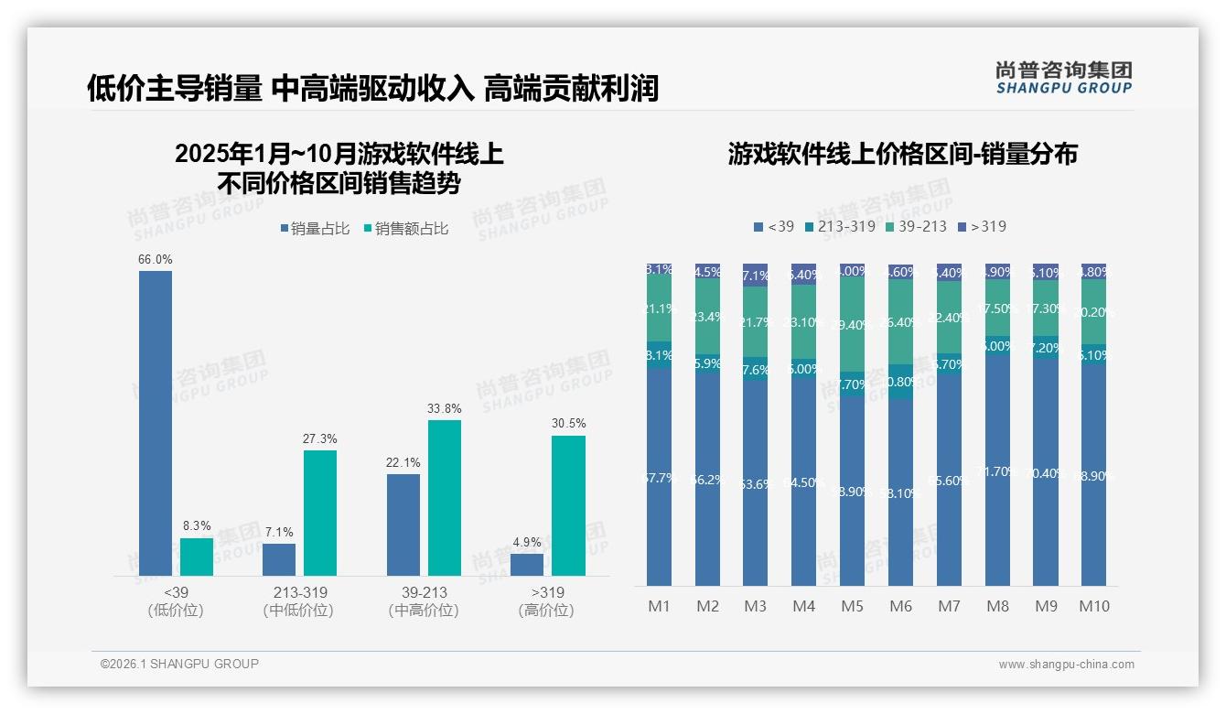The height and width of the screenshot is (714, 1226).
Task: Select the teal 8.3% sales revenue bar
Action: [x=196, y=557]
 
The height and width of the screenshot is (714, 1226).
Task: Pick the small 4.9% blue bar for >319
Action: [x=527, y=565]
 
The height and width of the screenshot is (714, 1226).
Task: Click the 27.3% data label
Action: [x=319, y=439]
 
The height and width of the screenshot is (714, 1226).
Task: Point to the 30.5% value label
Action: [x=568, y=424]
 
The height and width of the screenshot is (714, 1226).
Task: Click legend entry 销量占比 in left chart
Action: [x=315, y=229]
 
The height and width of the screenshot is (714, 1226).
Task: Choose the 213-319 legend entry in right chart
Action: [x=839, y=226]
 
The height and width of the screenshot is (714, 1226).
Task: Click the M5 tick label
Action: [x=852, y=606]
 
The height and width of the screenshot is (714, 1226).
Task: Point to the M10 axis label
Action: [x=1093, y=606]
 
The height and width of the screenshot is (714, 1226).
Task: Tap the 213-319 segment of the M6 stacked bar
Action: [x=900, y=382]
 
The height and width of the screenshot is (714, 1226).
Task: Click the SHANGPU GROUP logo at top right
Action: [x=1063, y=78]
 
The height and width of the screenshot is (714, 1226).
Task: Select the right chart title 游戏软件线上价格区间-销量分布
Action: [x=902, y=154]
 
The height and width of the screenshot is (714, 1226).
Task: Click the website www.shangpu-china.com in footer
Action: [x=1066, y=665]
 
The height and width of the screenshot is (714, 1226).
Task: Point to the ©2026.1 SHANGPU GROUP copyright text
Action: [x=179, y=664]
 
